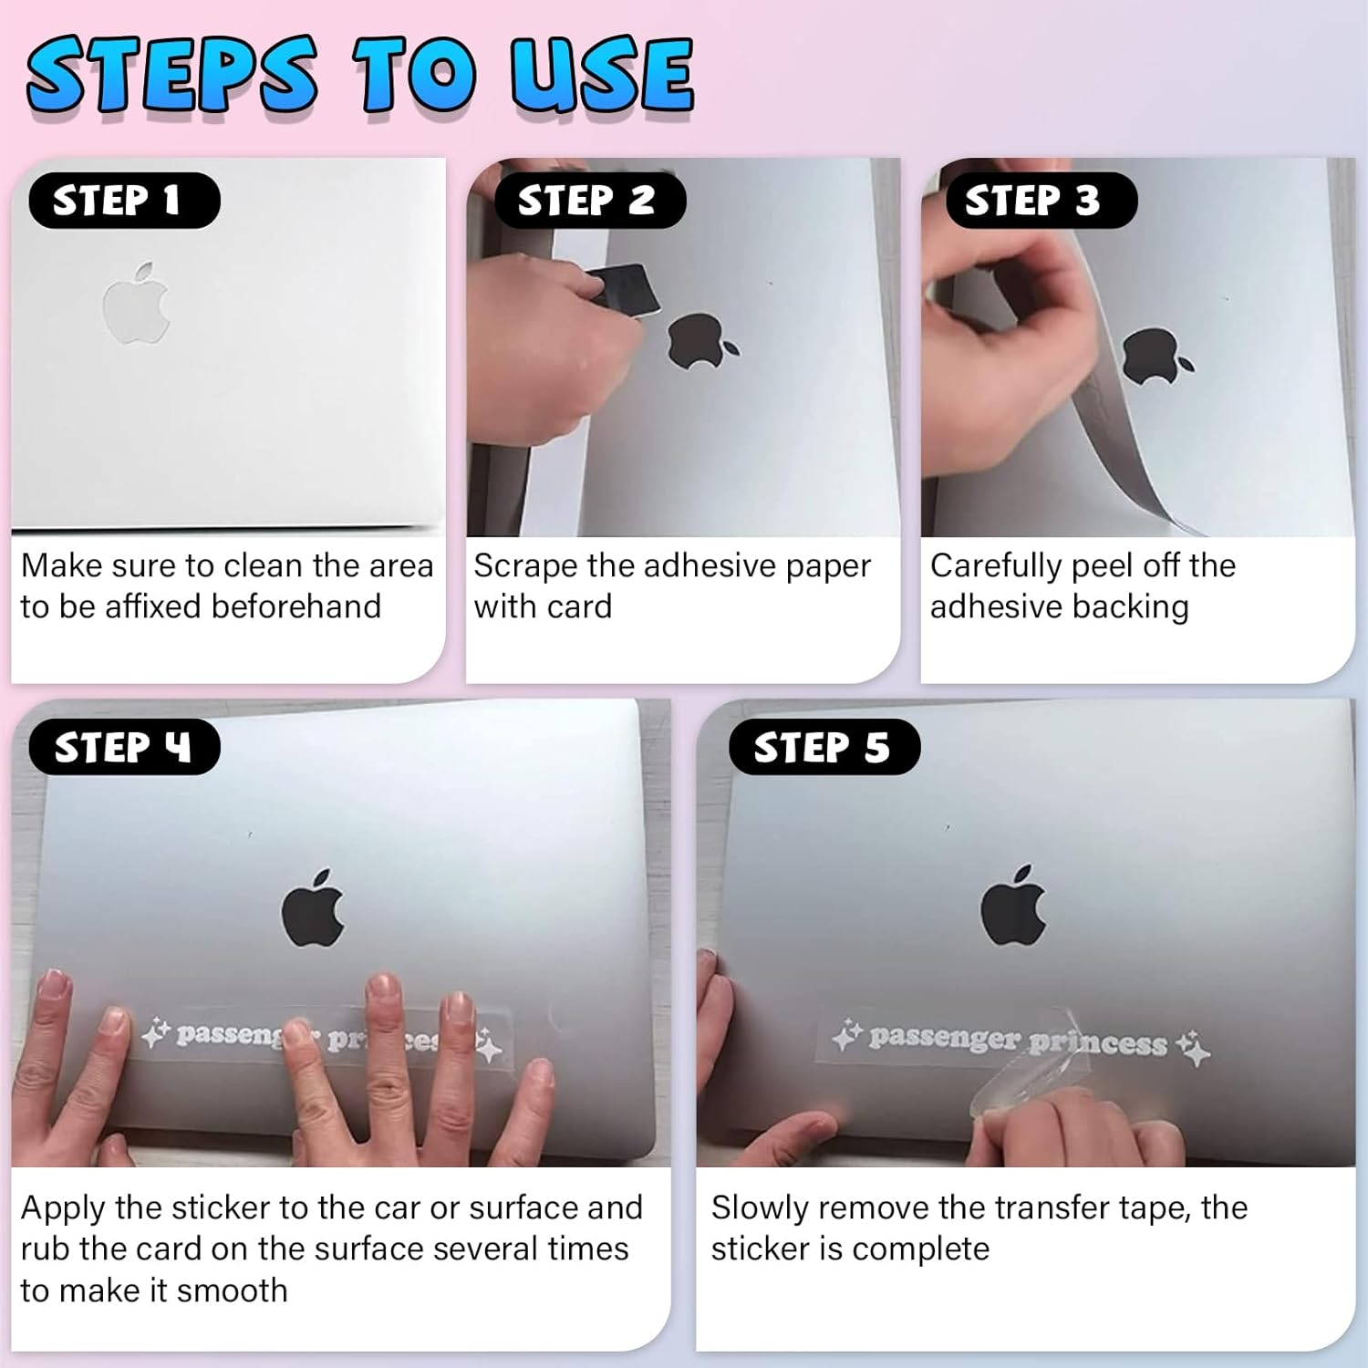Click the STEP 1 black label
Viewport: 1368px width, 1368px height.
(x=124, y=201)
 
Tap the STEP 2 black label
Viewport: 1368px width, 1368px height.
(x=588, y=201)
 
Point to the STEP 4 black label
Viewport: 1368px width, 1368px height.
(x=124, y=747)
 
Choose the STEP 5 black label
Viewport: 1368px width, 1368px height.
(x=824, y=747)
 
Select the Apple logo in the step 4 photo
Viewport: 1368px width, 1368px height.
(x=313, y=907)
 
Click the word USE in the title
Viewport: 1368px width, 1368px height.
(x=602, y=75)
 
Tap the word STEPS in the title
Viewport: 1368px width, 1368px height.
(x=173, y=75)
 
